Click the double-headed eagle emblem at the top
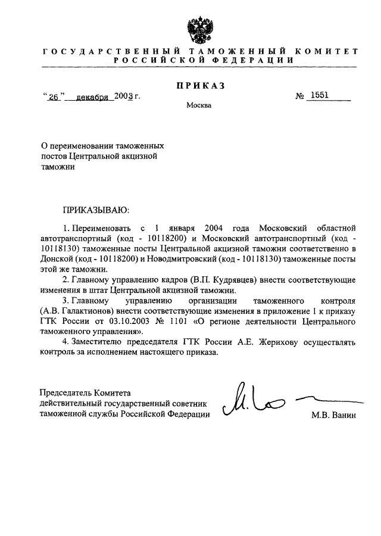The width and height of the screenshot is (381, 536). click(201, 27)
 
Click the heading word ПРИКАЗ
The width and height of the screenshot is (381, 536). click(201, 86)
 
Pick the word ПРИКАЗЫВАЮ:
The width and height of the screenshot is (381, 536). click(94, 210)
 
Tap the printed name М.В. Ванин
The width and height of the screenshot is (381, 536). click(333, 415)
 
